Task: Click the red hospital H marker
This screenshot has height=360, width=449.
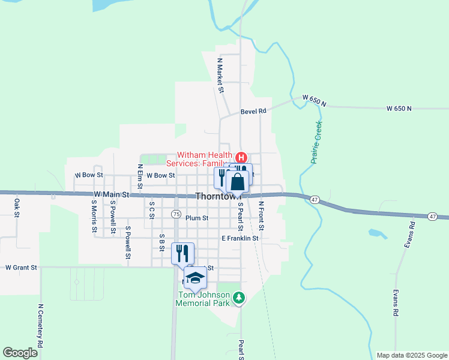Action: pos(241,158)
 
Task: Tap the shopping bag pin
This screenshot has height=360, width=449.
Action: pos(238,182)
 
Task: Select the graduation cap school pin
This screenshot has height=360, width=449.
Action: pos(195,278)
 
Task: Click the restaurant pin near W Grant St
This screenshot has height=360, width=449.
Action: pos(182,253)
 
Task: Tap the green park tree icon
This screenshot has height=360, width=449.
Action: pos(239,297)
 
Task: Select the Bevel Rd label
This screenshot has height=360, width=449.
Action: pos(253,111)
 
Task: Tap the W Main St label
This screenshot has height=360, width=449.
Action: pos(112,195)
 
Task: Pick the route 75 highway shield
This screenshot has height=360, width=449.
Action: pos(176,214)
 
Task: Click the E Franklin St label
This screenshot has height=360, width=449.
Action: pos(240,238)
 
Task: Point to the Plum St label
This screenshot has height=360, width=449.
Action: pos(197,218)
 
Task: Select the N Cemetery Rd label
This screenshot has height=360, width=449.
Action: pos(41,326)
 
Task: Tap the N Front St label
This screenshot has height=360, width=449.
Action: pos(261,217)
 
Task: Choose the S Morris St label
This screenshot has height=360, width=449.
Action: pos(94,216)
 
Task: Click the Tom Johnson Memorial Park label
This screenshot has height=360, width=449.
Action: pos(203,299)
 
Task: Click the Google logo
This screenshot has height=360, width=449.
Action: pos(20,353)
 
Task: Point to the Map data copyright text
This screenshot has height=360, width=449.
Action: pos(412,355)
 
